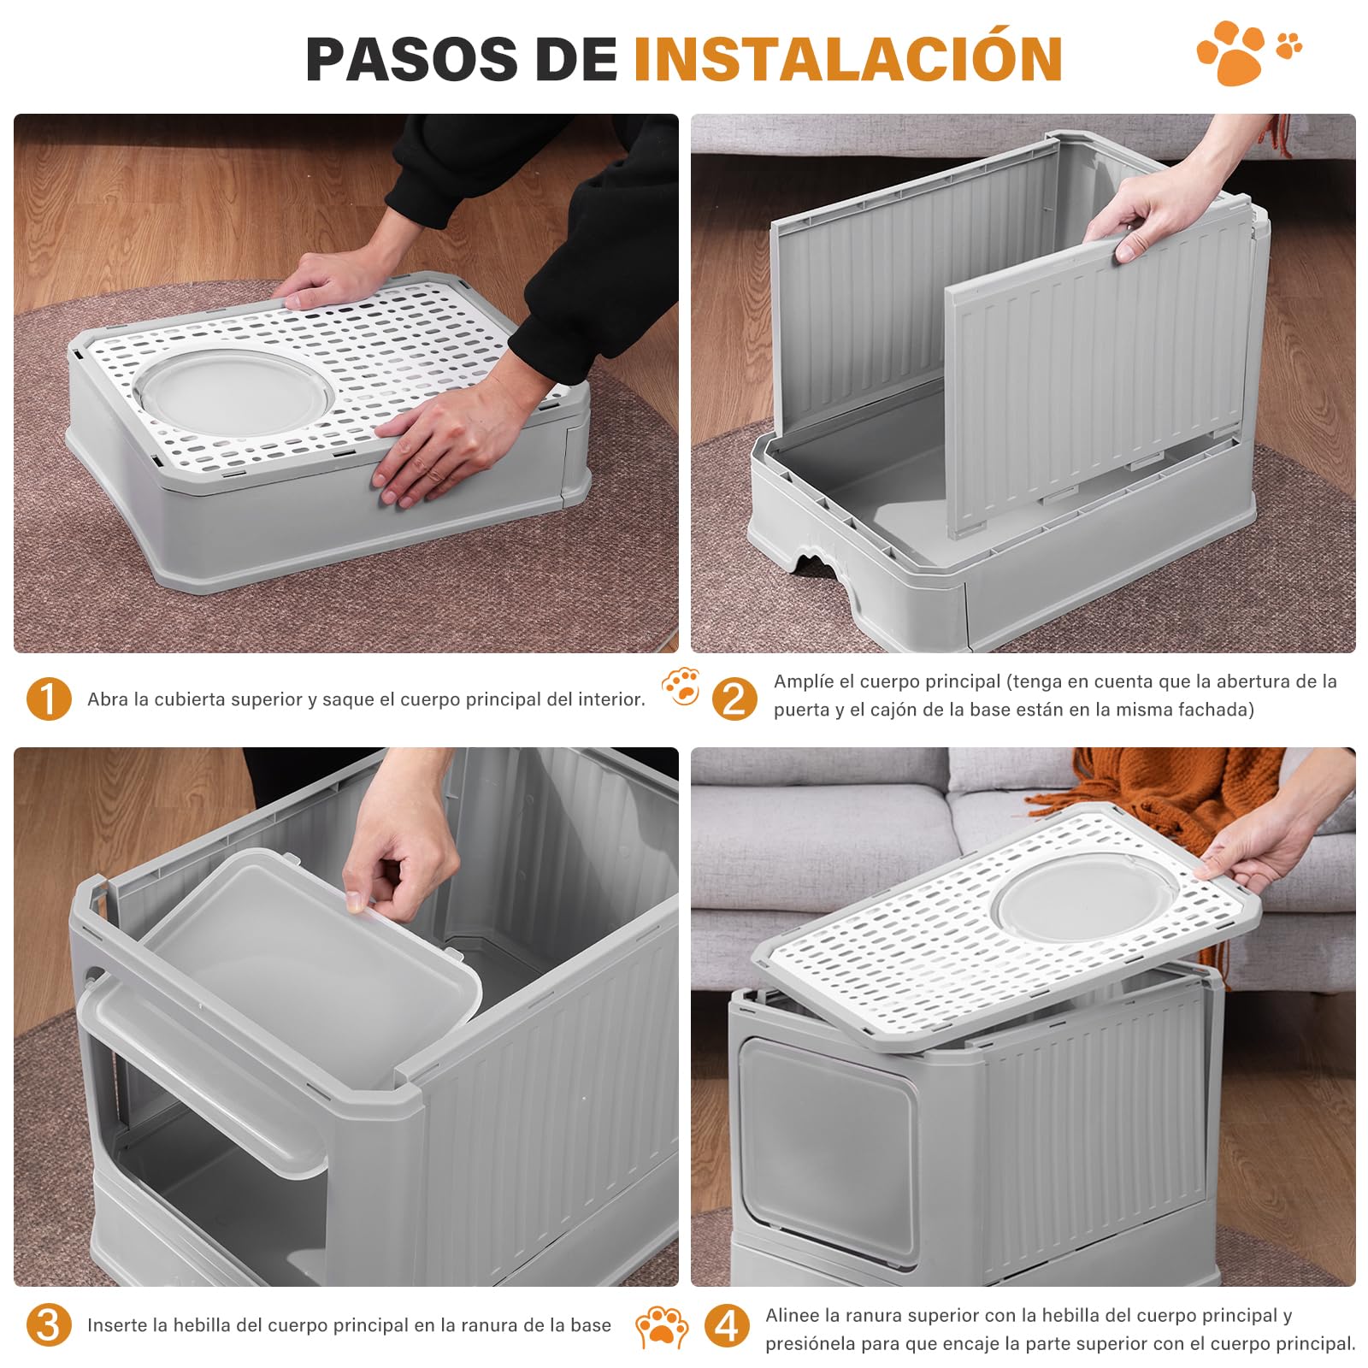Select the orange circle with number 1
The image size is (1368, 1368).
pos(49,699)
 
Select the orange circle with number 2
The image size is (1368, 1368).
pos(734,698)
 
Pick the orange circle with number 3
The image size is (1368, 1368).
pos(49,1324)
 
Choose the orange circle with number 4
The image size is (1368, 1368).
pos(727,1326)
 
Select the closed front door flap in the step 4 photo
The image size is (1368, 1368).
pos(825,1146)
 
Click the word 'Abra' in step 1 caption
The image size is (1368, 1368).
pos(106,699)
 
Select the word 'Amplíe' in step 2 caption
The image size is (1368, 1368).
pos(803,681)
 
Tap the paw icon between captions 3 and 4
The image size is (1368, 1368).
pos(661,1326)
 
